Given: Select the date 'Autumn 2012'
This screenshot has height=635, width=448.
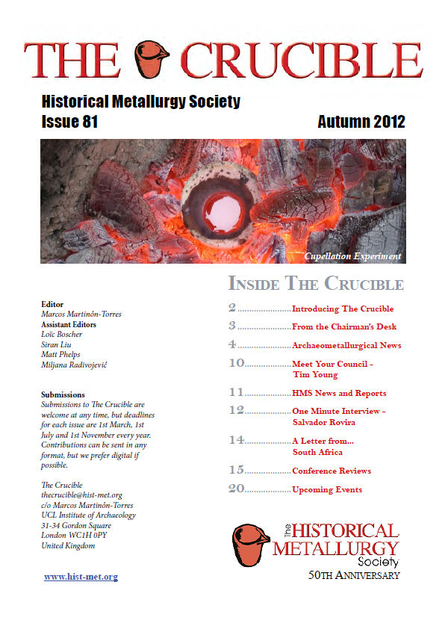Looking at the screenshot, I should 361,122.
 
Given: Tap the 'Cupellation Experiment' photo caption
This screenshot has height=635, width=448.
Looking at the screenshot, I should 352,256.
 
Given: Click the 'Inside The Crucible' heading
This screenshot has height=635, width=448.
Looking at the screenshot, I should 315,285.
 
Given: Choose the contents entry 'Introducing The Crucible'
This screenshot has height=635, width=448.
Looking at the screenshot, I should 342,309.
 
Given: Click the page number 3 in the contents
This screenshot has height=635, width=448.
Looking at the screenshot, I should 232,326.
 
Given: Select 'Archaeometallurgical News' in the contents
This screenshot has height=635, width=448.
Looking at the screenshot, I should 346,345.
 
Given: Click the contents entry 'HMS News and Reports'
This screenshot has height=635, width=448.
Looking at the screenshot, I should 339,393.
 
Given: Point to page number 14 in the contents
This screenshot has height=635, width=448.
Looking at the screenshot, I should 236,441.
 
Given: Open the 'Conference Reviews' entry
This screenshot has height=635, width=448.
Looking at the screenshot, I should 332,471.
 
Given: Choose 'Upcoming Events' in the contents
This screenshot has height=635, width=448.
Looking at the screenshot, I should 327,490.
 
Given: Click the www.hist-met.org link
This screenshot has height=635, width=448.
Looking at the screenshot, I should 81,577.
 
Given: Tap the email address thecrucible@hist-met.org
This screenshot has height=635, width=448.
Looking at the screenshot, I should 81,495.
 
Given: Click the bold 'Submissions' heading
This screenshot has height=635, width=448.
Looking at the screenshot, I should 63,394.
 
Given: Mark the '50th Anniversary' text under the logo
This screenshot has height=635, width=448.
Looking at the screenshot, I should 355,575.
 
